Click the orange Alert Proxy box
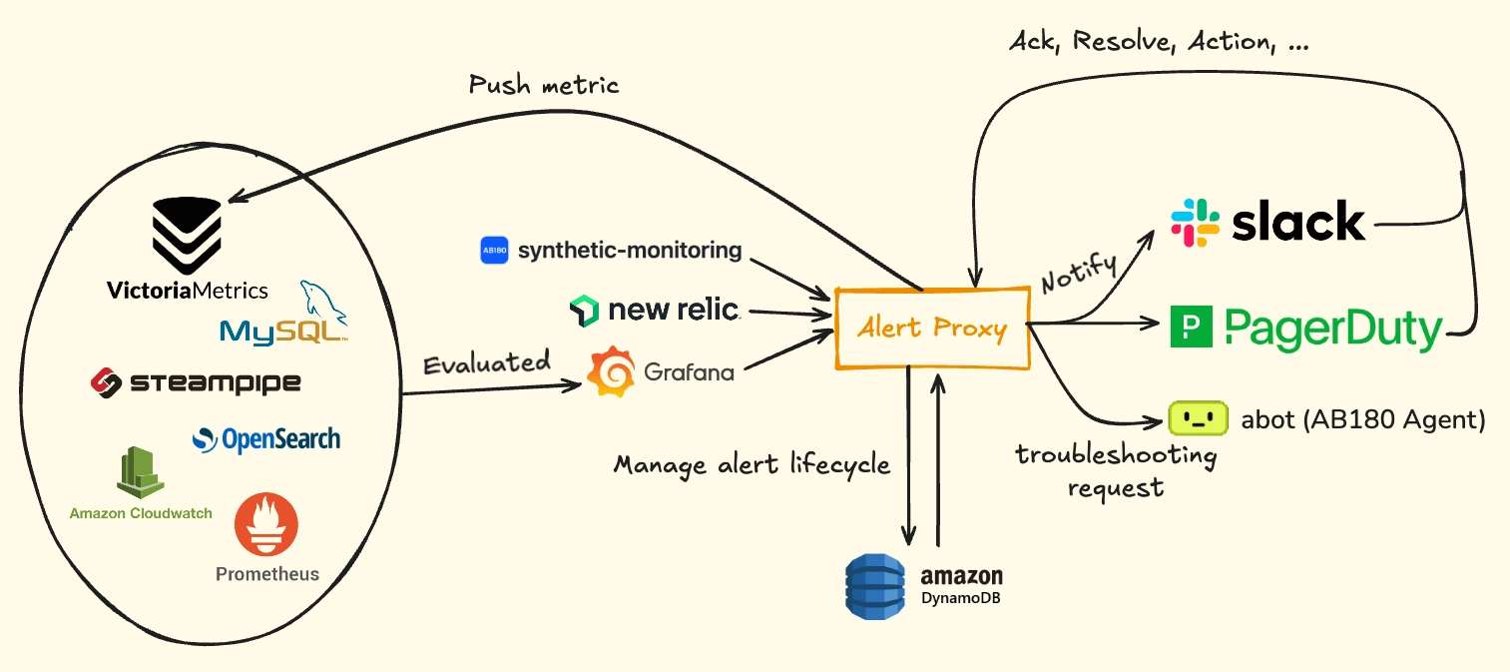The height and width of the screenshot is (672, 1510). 933,329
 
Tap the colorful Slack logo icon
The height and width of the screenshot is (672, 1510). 1196,223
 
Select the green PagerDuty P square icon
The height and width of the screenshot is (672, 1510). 1192,327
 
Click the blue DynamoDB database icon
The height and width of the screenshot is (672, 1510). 875,586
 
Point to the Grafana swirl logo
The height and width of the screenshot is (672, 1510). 611,371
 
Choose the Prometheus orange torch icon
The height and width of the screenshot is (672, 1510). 266,524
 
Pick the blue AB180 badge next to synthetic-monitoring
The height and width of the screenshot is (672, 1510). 494,251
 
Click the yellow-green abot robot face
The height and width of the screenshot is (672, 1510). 1198,418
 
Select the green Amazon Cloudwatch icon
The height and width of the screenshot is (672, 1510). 140,471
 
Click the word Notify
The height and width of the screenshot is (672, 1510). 1079,272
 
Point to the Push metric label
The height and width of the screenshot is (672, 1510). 543,85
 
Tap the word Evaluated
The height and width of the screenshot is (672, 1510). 487,362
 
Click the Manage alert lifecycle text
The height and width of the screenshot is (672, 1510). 752,465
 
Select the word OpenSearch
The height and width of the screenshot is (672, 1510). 281,440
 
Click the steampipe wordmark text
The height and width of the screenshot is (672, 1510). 215,383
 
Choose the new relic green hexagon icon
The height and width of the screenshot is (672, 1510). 584,311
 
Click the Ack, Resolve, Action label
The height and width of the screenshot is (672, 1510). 1159,42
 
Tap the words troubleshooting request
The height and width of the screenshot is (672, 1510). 1117,471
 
